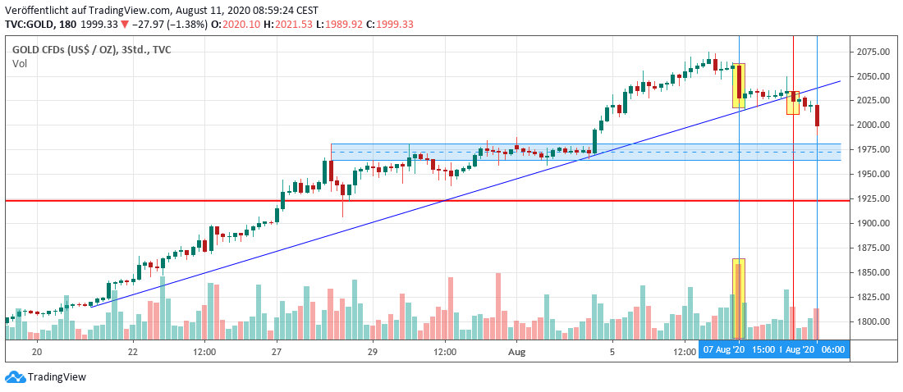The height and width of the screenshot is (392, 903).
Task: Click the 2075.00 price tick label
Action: click(x=873, y=52)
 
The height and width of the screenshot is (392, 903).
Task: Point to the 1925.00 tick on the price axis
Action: click(x=873, y=198)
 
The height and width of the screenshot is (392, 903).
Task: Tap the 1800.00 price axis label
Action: click(x=873, y=321)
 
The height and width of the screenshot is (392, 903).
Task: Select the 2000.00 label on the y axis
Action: click(x=873, y=125)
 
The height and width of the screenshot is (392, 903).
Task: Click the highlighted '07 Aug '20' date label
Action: click(x=723, y=350)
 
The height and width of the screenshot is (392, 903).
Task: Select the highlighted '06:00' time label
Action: click(x=833, y=350)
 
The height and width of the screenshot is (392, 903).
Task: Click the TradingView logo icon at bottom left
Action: click(x=14, y=377)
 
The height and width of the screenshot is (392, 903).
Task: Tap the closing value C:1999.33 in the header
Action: click(x=414, y=24)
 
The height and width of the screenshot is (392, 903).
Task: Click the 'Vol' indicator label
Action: click(x=19, y=63)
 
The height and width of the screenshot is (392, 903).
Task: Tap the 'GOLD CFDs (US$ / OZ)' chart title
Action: click(x=63, y=49)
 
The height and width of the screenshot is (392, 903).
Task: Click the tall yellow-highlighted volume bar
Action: click(x=738, y=299)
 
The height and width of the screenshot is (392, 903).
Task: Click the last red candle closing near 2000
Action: click(x=818, y=115)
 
